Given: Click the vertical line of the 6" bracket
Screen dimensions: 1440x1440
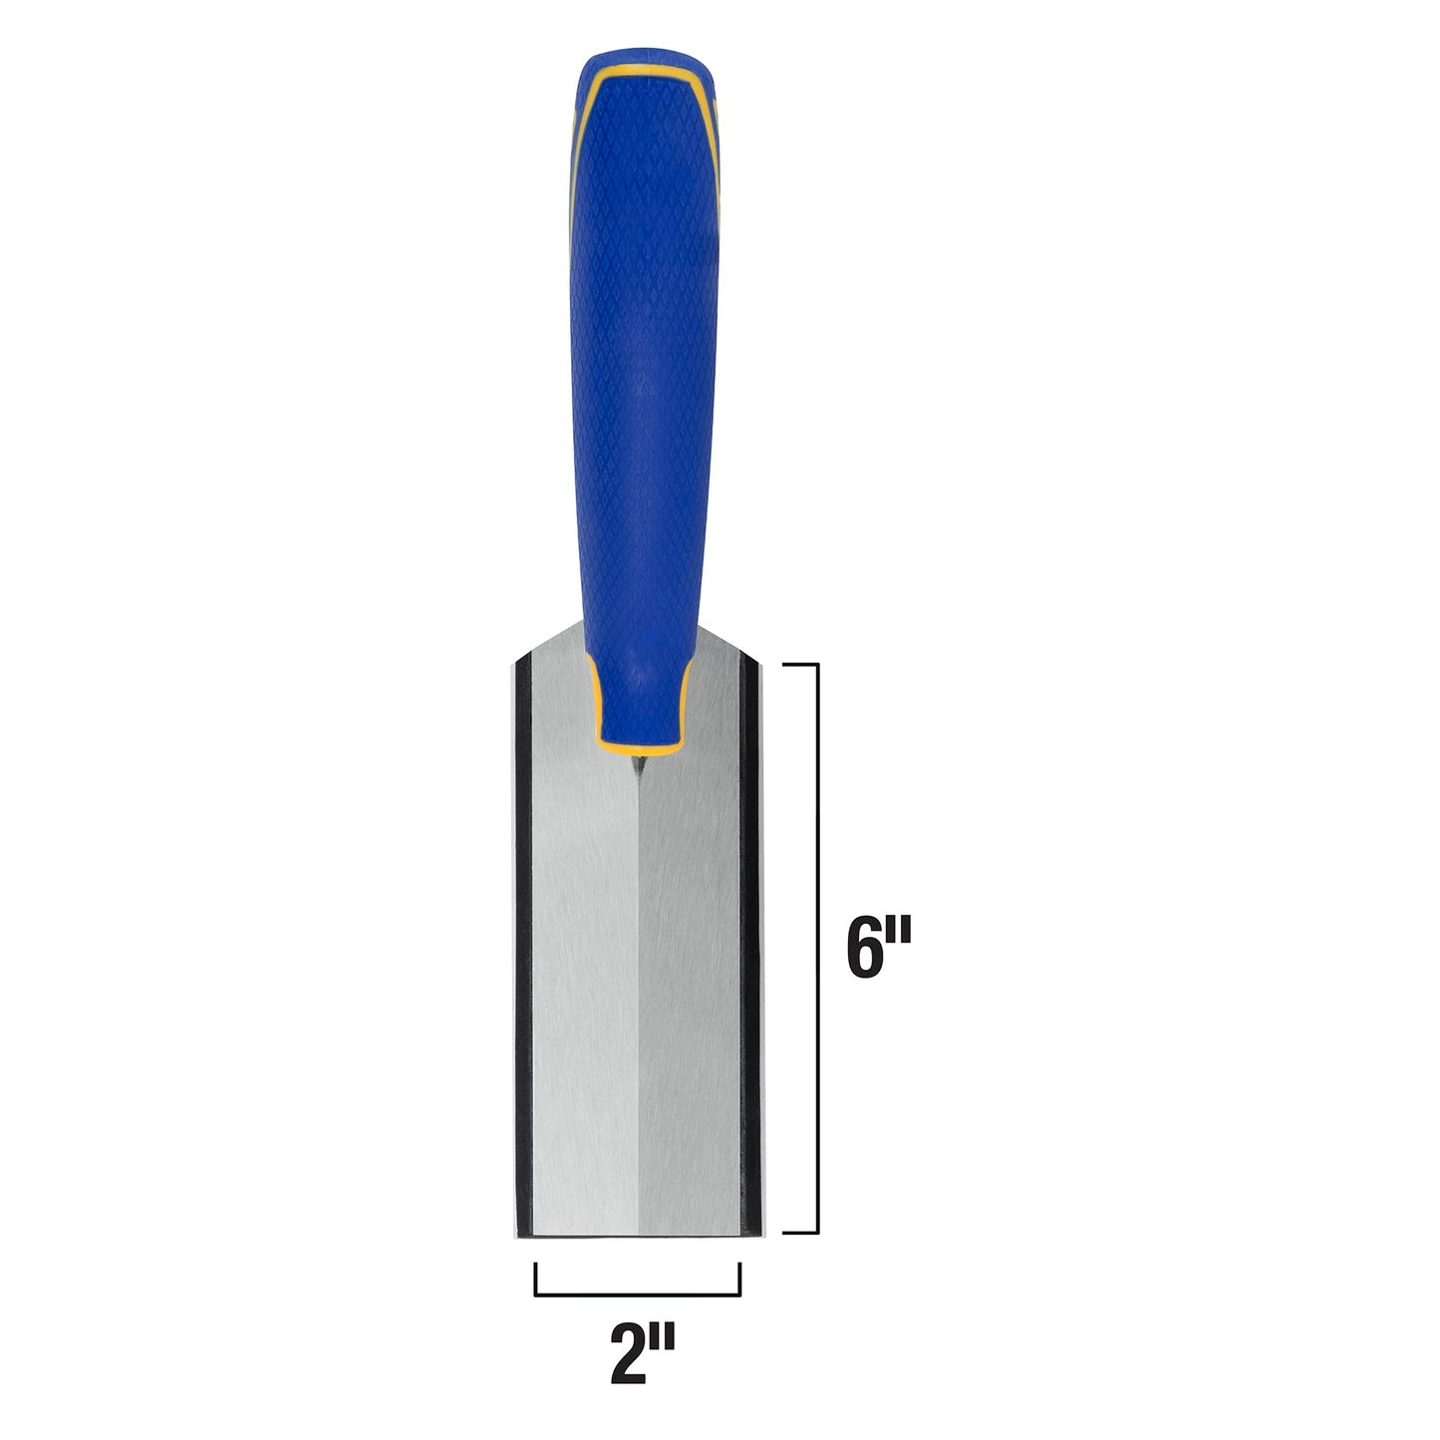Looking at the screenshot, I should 818,947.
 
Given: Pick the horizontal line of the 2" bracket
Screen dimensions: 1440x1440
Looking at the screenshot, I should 638,1295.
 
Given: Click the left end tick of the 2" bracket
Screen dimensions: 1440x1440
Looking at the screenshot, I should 536,1279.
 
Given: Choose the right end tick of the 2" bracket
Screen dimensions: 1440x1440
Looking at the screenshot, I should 739,1279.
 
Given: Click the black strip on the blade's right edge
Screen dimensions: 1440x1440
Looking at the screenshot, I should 753,947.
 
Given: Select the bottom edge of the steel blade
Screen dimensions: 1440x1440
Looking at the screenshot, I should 638,1235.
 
